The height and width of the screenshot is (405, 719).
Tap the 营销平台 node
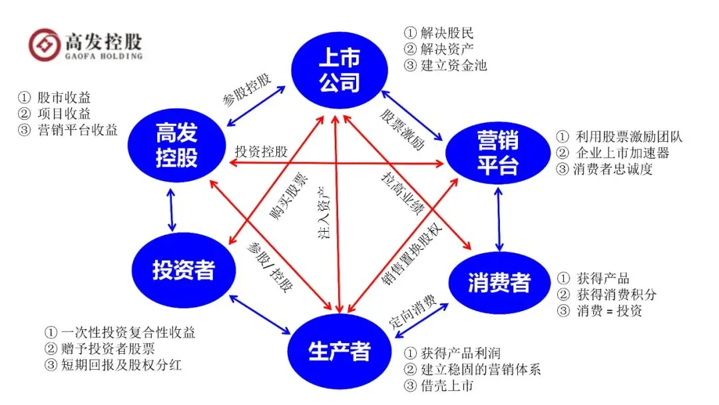point(497,153)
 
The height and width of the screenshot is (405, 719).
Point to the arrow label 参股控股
point(248,91)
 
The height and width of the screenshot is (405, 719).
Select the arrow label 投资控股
point(261,151)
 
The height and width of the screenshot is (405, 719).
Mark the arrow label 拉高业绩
point(402,194)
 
